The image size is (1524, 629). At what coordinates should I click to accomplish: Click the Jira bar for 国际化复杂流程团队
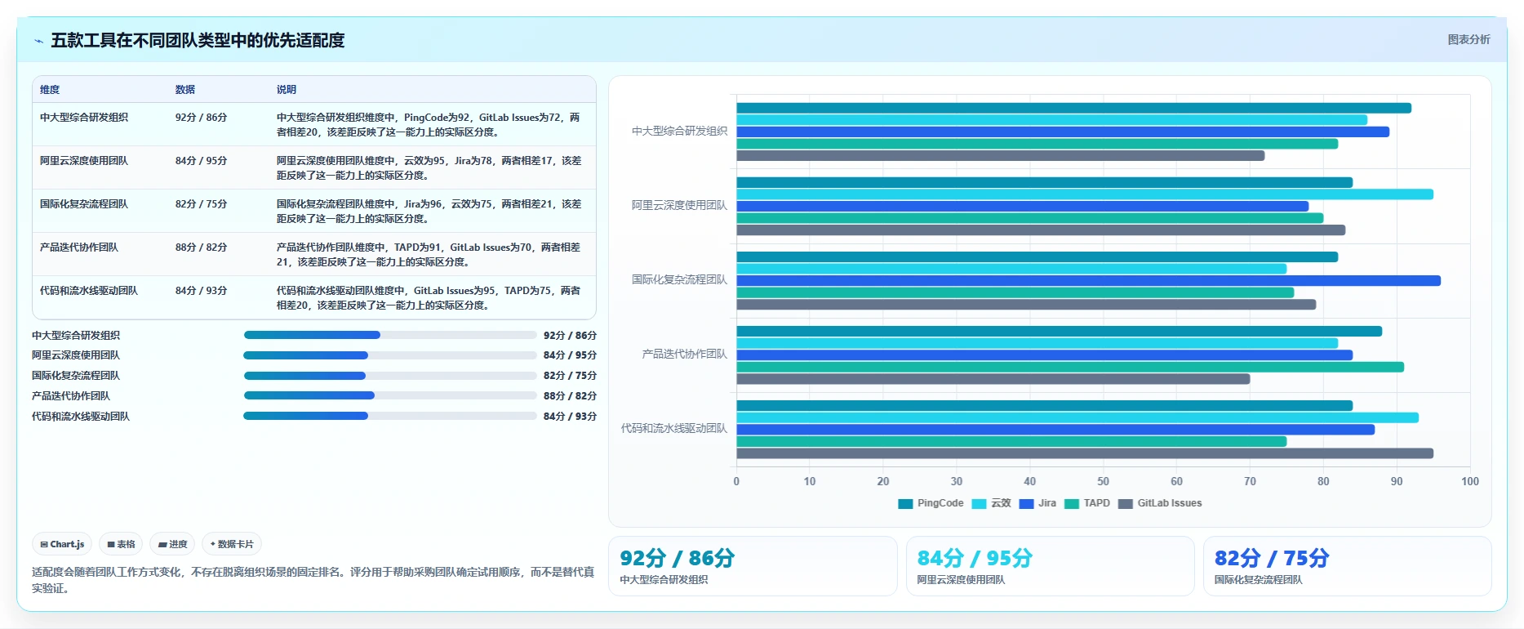[x=1088, y=280]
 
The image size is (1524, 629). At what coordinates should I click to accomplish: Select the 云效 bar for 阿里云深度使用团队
[x=1085, y=194]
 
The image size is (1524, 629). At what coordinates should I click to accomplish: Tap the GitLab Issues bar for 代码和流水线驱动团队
[x=1085, y=453]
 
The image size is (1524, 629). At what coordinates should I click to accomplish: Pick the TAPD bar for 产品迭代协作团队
[x=1070, y=367]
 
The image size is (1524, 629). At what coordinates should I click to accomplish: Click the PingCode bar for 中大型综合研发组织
[x=1073, y=108]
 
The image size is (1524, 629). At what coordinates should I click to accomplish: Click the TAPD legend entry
[x=1087, y=503]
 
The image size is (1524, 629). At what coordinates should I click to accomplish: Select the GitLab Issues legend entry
[x=1160, y=503]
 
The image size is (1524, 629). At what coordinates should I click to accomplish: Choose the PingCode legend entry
[x=931, y=503]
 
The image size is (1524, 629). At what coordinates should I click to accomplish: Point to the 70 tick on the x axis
[x=1250, y=481]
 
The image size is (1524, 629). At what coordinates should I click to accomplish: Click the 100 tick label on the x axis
[x=1470, y=481]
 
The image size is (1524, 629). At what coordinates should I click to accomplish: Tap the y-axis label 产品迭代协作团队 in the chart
[x=684, y=354]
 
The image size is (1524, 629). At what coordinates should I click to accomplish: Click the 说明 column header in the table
[x=287, y=90]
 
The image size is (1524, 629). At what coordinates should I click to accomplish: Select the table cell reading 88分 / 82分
[x=201, y=248]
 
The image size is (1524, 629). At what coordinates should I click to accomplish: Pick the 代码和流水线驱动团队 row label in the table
[x=89, y=291]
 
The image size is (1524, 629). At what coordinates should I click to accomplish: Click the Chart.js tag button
[x=62, y=544]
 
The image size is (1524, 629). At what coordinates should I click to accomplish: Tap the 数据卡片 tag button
[x=232, y=544]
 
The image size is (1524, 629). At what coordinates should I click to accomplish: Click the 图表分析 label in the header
[x=1468, y=39]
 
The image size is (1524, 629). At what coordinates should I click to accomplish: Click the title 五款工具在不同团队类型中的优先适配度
[x=198, y=40]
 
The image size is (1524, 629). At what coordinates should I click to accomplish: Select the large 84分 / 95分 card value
[x=975, y=558]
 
